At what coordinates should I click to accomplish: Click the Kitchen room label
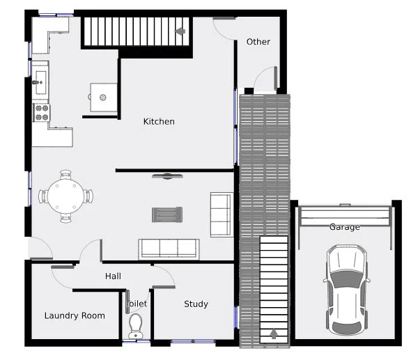click(159, 122)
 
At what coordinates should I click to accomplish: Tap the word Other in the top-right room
click(258, 42)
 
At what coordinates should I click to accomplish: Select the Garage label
click(345, 227)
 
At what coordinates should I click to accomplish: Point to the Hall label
click(113, 276)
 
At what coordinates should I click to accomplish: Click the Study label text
click(196, 304)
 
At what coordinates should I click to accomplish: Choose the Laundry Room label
click(75, 315)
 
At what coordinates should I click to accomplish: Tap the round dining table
click(65, 196)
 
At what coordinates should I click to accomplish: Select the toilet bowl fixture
click(136, 324)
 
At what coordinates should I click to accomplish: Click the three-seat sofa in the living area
click(169, 249)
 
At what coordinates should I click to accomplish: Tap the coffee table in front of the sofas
click(167, 214)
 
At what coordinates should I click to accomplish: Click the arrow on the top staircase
click(181, 31)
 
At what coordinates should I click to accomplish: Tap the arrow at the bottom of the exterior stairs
click(274, 334)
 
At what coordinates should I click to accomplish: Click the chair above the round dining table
click(65, 175)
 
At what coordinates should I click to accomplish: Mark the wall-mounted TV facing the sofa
click(167, 176)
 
